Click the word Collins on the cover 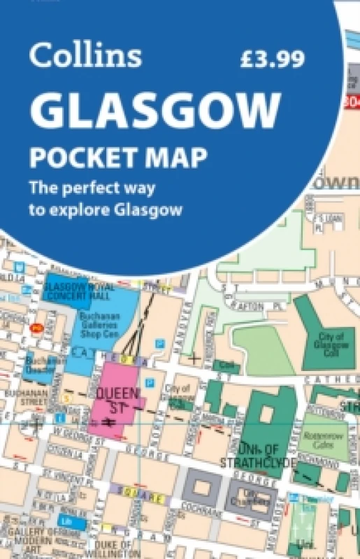(85, 57)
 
